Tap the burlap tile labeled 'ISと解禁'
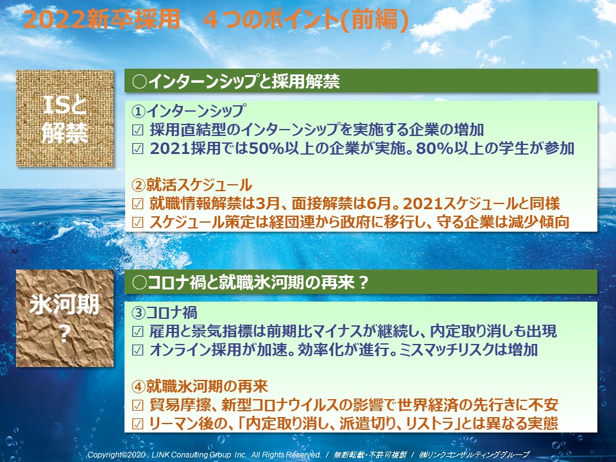[x=65, y=118]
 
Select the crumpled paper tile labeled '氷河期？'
[x=65, y=318]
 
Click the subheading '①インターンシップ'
[x=189, y=111]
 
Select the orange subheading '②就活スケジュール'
[x=192, y=185]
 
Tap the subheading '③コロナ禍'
[x=164, y=312]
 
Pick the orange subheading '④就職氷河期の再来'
[x=200, y=386]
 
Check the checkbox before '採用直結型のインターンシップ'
[x=137, y=130]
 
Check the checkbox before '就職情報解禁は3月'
[x=137, y=203]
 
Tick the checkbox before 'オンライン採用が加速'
[x=137, y=350]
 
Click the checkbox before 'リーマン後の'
[x=137, y=424]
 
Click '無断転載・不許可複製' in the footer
[x=370, y=454]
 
